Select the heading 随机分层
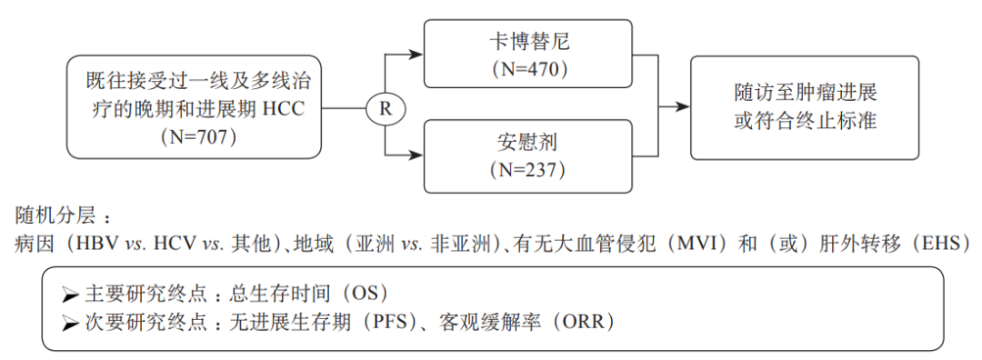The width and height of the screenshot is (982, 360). click(56, 218)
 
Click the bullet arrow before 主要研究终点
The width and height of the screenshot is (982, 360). click(70, 295)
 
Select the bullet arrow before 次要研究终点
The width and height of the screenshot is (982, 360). click(70, 323)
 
